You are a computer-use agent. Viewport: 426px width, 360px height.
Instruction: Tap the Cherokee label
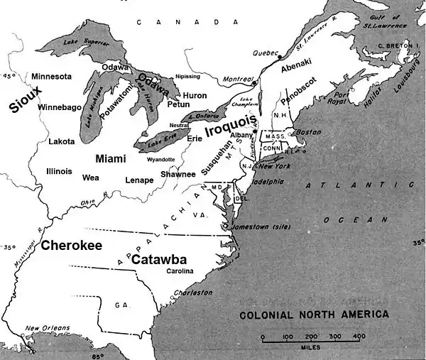coord(71,245)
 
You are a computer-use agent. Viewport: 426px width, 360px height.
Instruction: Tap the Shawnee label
coord(177,174)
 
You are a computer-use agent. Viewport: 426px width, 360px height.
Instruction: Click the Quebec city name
coord(266,53)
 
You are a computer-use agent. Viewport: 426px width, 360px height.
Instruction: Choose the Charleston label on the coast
coord(195,292)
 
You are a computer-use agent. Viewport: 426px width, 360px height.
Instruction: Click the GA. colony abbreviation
coord(121,305)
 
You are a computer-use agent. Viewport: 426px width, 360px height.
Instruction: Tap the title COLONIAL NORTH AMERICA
coord(313,314)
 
